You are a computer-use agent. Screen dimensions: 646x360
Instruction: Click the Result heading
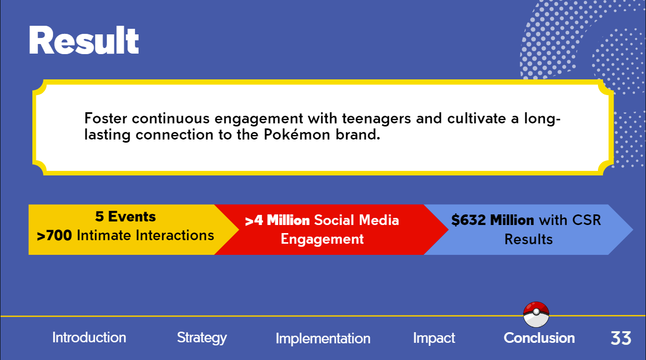[83, 40]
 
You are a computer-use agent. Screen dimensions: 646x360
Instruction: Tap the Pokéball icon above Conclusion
[536, 314]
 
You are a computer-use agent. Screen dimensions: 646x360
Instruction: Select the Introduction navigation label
[89, 338]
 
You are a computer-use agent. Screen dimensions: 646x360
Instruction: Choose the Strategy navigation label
[202, 338]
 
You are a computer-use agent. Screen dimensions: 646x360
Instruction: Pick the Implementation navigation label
[323, 339]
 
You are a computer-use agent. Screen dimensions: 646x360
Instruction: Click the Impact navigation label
[434, 338]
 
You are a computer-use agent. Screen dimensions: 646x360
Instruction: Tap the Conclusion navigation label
[539, 338]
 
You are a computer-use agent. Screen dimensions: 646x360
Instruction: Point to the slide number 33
[621, 338]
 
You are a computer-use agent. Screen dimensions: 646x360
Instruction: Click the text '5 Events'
[125, 216]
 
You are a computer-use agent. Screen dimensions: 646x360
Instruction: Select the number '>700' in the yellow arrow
[54, 236]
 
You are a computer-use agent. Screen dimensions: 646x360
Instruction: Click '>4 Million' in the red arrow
[277, 220]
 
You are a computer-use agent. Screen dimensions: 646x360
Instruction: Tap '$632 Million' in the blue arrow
[493, 220]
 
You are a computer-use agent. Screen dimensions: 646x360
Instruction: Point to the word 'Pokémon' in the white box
[297, 134]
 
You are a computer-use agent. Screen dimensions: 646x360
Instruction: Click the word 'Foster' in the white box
[106, 118]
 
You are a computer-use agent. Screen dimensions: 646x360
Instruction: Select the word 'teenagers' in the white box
[376, 119]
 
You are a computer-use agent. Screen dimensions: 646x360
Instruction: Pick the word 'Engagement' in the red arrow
[322, 240]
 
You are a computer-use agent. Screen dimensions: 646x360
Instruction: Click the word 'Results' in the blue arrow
[529, 240]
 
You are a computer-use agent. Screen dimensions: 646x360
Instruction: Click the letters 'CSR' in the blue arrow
[586, 220]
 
